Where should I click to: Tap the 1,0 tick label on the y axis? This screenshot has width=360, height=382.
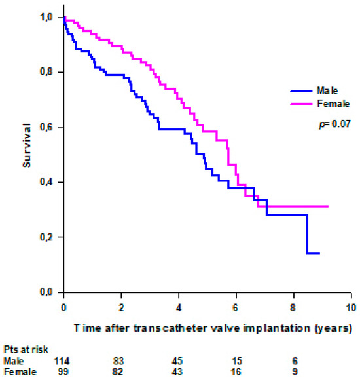pos(48,18)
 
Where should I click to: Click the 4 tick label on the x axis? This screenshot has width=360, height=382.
pos(178,307)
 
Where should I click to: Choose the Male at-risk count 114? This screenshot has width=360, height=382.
pos(63,360)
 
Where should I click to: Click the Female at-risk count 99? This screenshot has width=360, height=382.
pos(63,372)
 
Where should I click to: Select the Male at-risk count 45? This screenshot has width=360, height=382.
pos(178,360)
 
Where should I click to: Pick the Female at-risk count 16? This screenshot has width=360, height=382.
pos(236,372)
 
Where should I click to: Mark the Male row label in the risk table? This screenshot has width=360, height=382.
pos(13,360)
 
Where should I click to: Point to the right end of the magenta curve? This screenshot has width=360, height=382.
pos(328,206)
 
